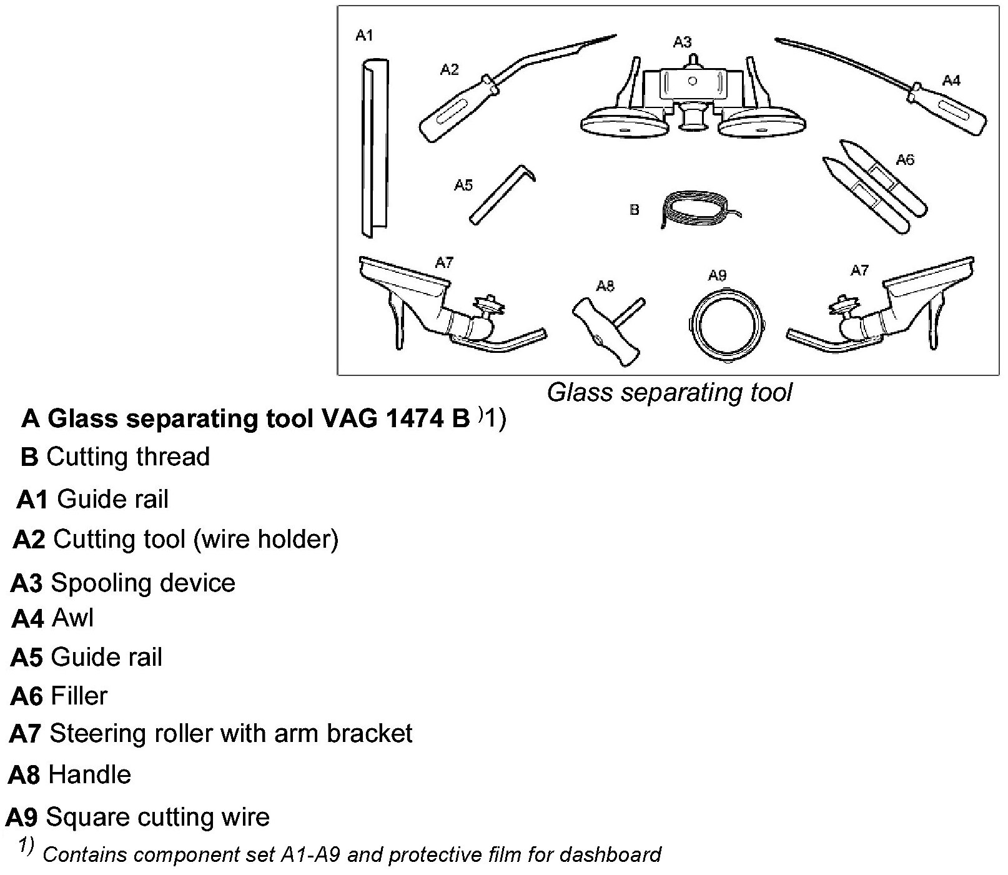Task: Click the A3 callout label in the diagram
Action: coord(682,42)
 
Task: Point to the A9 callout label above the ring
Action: coord(717,275)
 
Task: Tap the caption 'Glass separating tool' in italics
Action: coord(670,393)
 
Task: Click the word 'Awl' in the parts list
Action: coord(73,618)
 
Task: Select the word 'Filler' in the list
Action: coord(79,696)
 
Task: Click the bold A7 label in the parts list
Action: coord(25,734)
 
